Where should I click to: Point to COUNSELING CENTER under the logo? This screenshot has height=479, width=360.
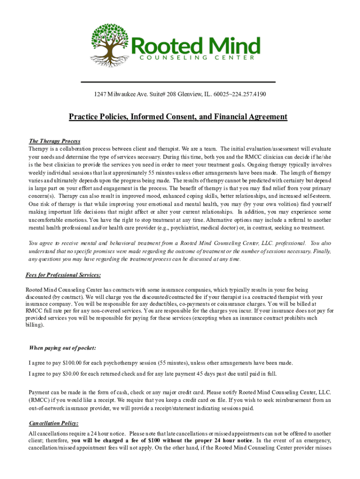tap(197, 58)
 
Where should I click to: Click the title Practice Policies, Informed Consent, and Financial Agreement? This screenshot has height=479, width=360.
tap(178, 116)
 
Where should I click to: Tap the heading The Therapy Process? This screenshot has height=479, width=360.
tap(55, 141)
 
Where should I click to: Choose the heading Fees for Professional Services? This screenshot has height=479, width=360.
tap(63, 275)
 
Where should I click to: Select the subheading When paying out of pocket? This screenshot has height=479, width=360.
tap(63, 348)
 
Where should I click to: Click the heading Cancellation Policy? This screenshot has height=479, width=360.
tap(53, 423)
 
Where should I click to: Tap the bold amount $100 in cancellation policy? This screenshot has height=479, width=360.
tap(155, 441)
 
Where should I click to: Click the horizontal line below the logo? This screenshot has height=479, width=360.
tap(178, 82)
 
